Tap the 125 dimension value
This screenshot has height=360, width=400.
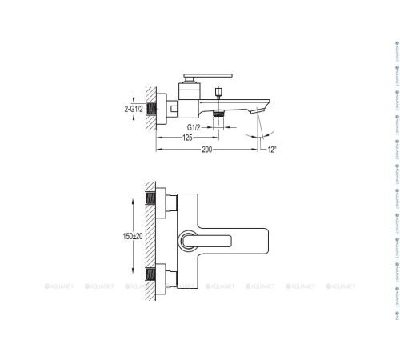pyautogui.click(x=186, y=138)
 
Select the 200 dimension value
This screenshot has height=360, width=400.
pyautogui.click(x=208, y=150)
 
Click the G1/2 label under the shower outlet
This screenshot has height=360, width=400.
pyautogui.click(x=194, y=126)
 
